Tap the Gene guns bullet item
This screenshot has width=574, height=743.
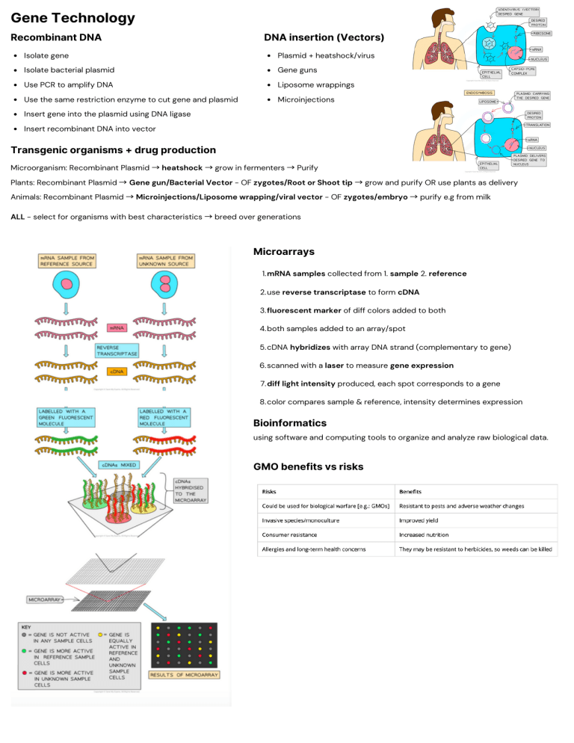coord(296,70)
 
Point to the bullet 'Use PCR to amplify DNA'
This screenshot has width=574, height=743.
coord(68,84)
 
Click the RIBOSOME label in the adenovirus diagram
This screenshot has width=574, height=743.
coord(541,33)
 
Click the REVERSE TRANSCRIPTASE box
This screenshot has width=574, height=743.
coord(117,351)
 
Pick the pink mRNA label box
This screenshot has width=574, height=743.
coord(117,327)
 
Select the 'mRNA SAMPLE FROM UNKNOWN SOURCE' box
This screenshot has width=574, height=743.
coord(165,262)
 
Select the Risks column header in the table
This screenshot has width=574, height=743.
coord(270,491)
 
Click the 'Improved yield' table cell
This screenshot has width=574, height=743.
coord(423,520)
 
